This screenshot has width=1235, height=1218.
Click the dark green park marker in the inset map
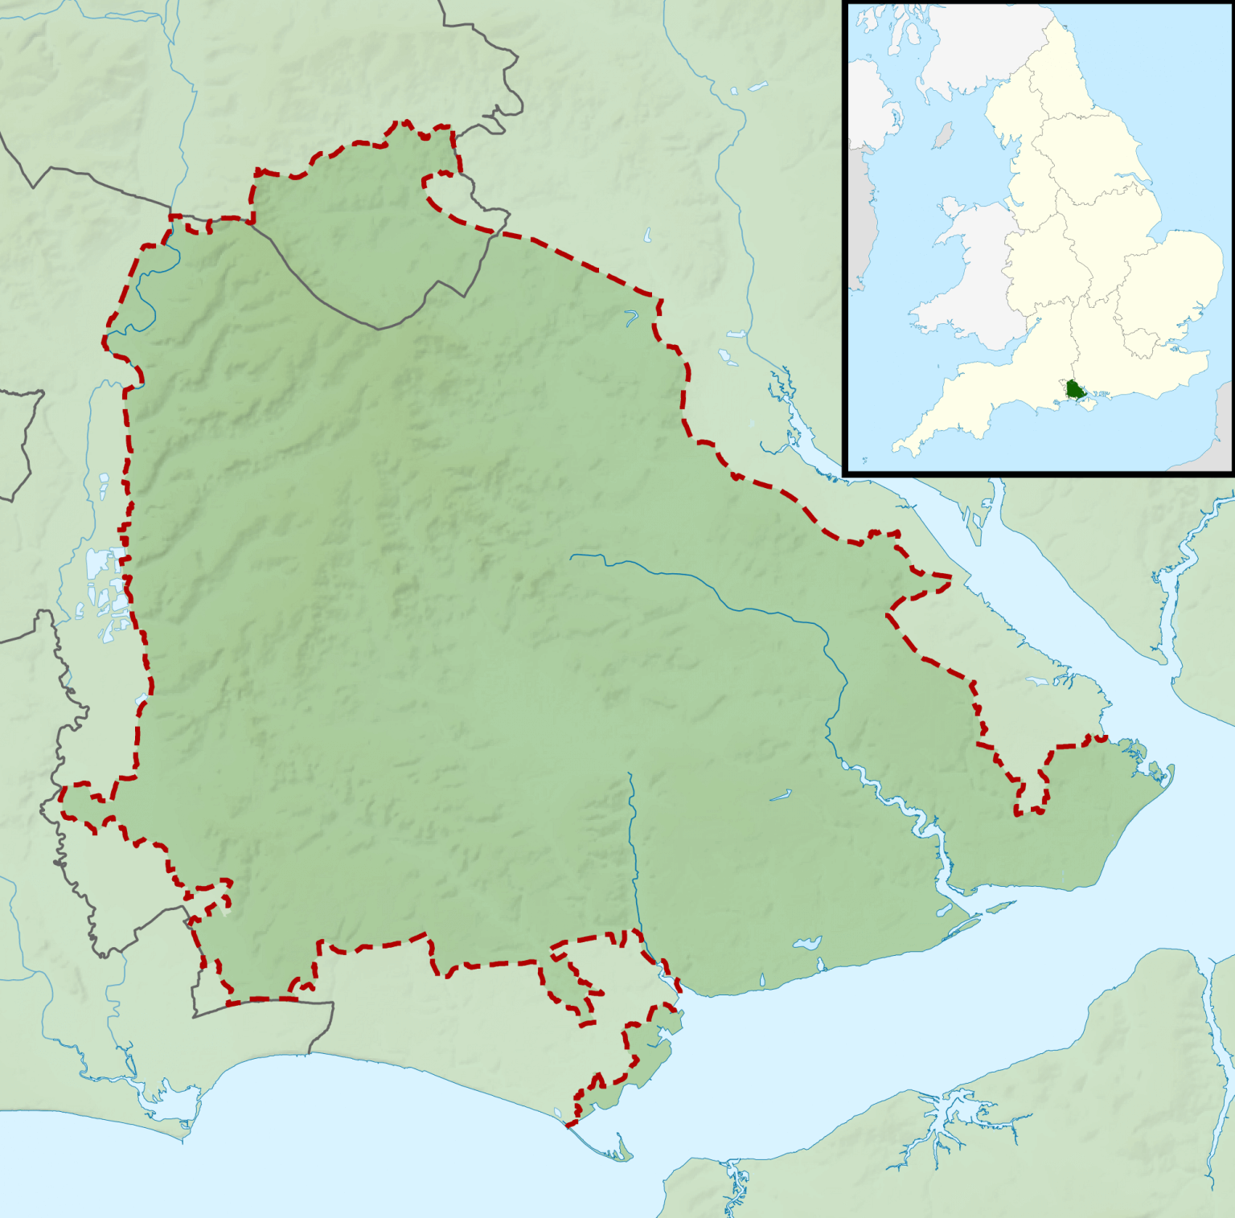(1075, 390)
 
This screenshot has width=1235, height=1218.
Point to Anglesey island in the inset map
(950, 207)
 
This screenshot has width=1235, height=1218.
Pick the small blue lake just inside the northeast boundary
(631, 318)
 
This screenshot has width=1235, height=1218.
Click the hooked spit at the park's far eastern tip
(1158, 772)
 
